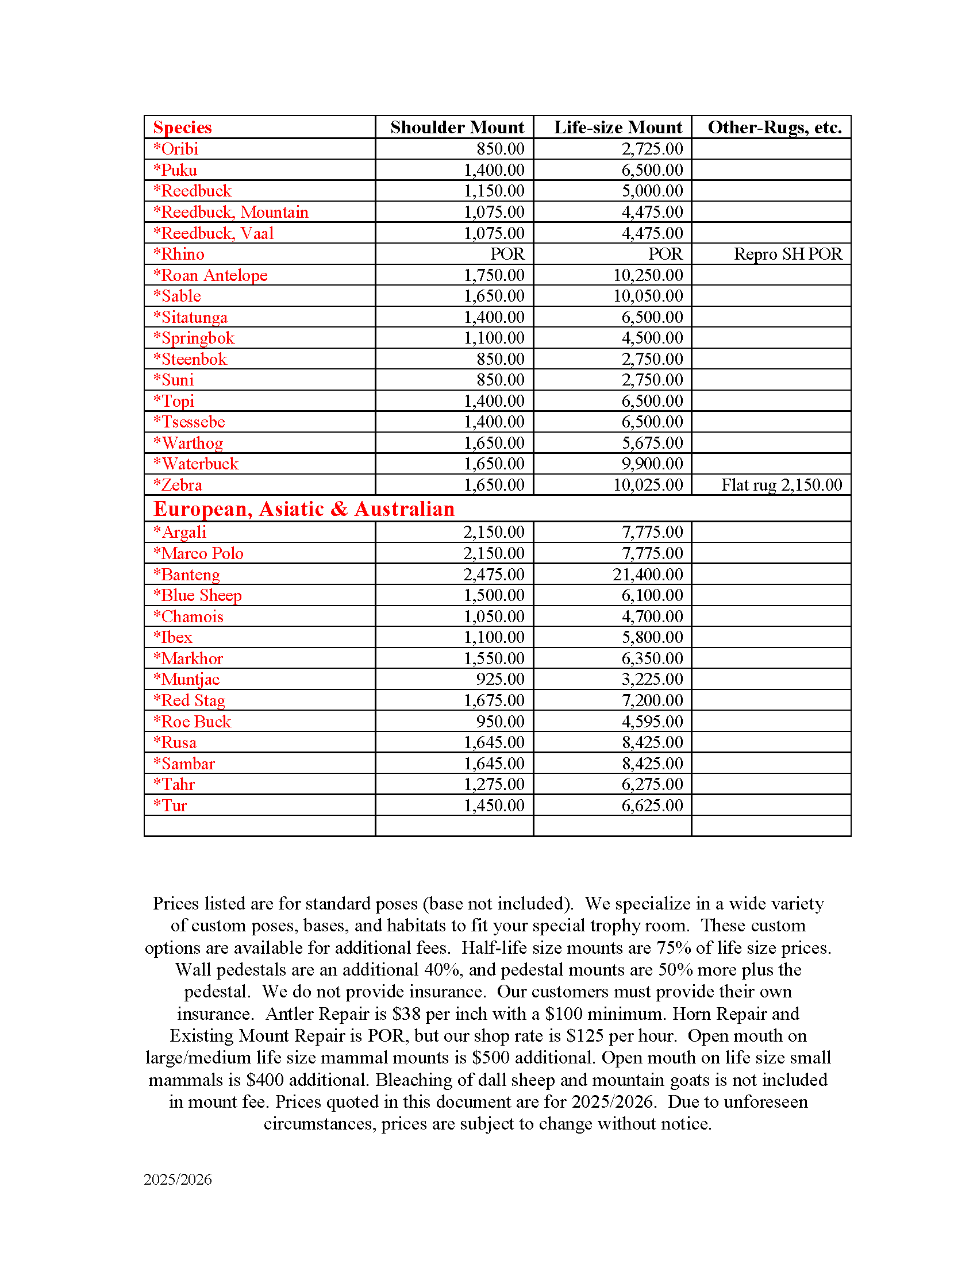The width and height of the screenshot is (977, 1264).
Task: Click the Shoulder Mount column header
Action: pos(457,128)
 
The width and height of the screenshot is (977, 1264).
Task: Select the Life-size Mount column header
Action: pos(618,128)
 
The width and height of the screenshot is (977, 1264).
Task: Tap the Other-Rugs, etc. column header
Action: pos(775,128)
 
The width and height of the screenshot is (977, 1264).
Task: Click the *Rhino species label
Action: pos(179,254)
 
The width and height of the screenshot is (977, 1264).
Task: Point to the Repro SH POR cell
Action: pos(788,254)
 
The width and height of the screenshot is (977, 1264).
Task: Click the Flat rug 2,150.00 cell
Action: pos(782,485)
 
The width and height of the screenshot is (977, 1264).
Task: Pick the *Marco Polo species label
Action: pos(198,553)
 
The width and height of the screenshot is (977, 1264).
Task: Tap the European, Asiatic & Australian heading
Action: pos(304,508)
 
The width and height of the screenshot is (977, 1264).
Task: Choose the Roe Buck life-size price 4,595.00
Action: pos(652,722)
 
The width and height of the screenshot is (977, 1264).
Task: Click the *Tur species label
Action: pos(170,806)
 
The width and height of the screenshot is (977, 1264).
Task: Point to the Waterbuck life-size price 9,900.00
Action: pos(652,464)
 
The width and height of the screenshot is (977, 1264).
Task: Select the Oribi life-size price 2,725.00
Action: pos(652,149)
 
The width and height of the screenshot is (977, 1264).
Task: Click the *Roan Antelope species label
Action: pos(210,275)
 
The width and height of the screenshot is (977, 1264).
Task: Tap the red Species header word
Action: pos(182,128)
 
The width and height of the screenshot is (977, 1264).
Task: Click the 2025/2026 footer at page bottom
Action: pos(178,1180)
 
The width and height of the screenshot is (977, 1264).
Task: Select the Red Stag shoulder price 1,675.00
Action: pos(494,700)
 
